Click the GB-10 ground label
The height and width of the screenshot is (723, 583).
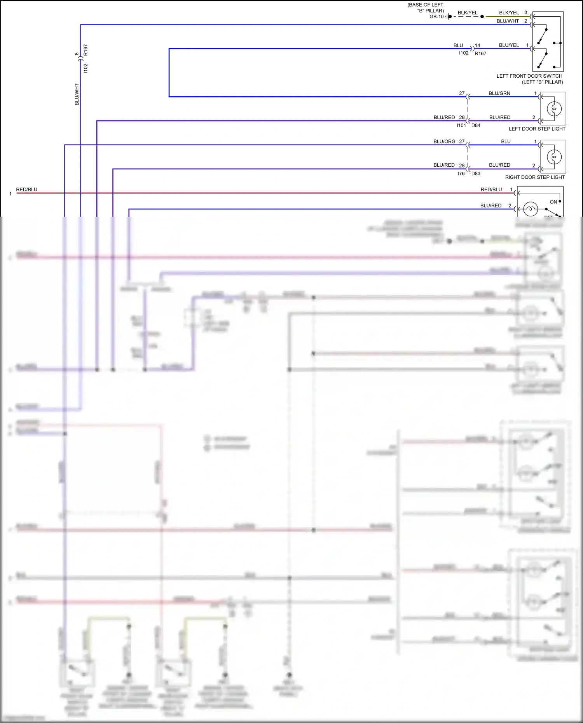436,17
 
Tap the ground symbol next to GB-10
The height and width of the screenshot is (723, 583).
448,17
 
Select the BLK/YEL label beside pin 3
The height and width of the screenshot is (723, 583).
509,13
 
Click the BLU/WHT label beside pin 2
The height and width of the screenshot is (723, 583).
508,21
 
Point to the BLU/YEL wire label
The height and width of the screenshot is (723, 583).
509,45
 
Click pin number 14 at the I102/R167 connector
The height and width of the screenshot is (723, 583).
477,45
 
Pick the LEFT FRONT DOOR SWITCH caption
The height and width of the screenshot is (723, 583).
529,76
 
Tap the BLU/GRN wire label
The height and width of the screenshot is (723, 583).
499,94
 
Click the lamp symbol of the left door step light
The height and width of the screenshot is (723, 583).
554,109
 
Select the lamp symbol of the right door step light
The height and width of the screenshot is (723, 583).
554,157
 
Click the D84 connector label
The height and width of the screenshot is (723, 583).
476,125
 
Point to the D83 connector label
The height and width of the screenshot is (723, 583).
476,174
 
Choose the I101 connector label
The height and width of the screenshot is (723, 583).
461,125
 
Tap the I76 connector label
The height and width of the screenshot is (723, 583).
461,174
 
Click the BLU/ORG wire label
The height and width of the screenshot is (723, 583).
444,142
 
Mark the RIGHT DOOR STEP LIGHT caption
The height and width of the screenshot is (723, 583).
535,177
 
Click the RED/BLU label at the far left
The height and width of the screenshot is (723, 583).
27,190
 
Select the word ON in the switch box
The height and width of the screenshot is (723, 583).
553,202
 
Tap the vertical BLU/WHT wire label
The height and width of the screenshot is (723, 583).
77,94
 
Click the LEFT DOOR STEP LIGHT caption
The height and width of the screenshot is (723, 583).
537,129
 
